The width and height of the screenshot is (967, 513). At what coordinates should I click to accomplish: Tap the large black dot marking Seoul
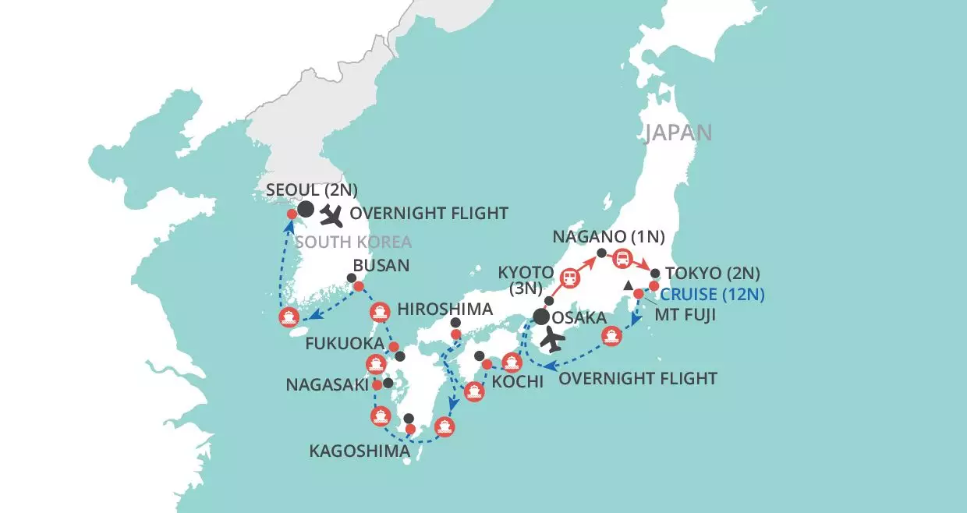click(x=306, y=209)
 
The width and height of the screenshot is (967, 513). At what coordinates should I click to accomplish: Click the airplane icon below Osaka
click(x=552, y=340)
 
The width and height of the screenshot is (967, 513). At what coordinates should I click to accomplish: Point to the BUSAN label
click(x=381, y=265)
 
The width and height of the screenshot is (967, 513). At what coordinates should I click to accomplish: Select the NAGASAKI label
click(x=326, y=384)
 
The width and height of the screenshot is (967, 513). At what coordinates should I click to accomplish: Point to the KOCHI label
click(x=516, y=384)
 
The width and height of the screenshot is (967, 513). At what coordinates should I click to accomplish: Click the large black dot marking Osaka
click(x=540, y=317)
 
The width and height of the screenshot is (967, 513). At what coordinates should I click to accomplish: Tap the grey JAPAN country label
click(x=678, y=133)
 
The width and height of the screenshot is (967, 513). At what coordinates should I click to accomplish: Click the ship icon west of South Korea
click(x=289, y=317)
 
